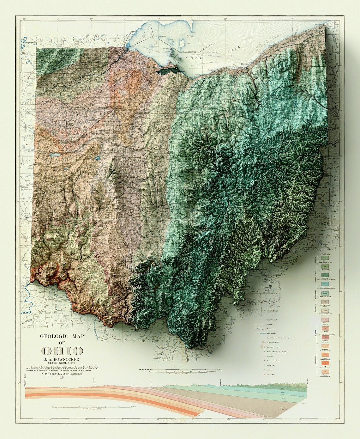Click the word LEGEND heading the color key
[325, 254]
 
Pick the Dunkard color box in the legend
[325, 259]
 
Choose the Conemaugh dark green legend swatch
[325, 275]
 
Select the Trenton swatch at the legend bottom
[325, 372]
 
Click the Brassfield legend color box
[325, 338]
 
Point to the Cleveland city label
[245, 64]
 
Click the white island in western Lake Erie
[182, 43]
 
